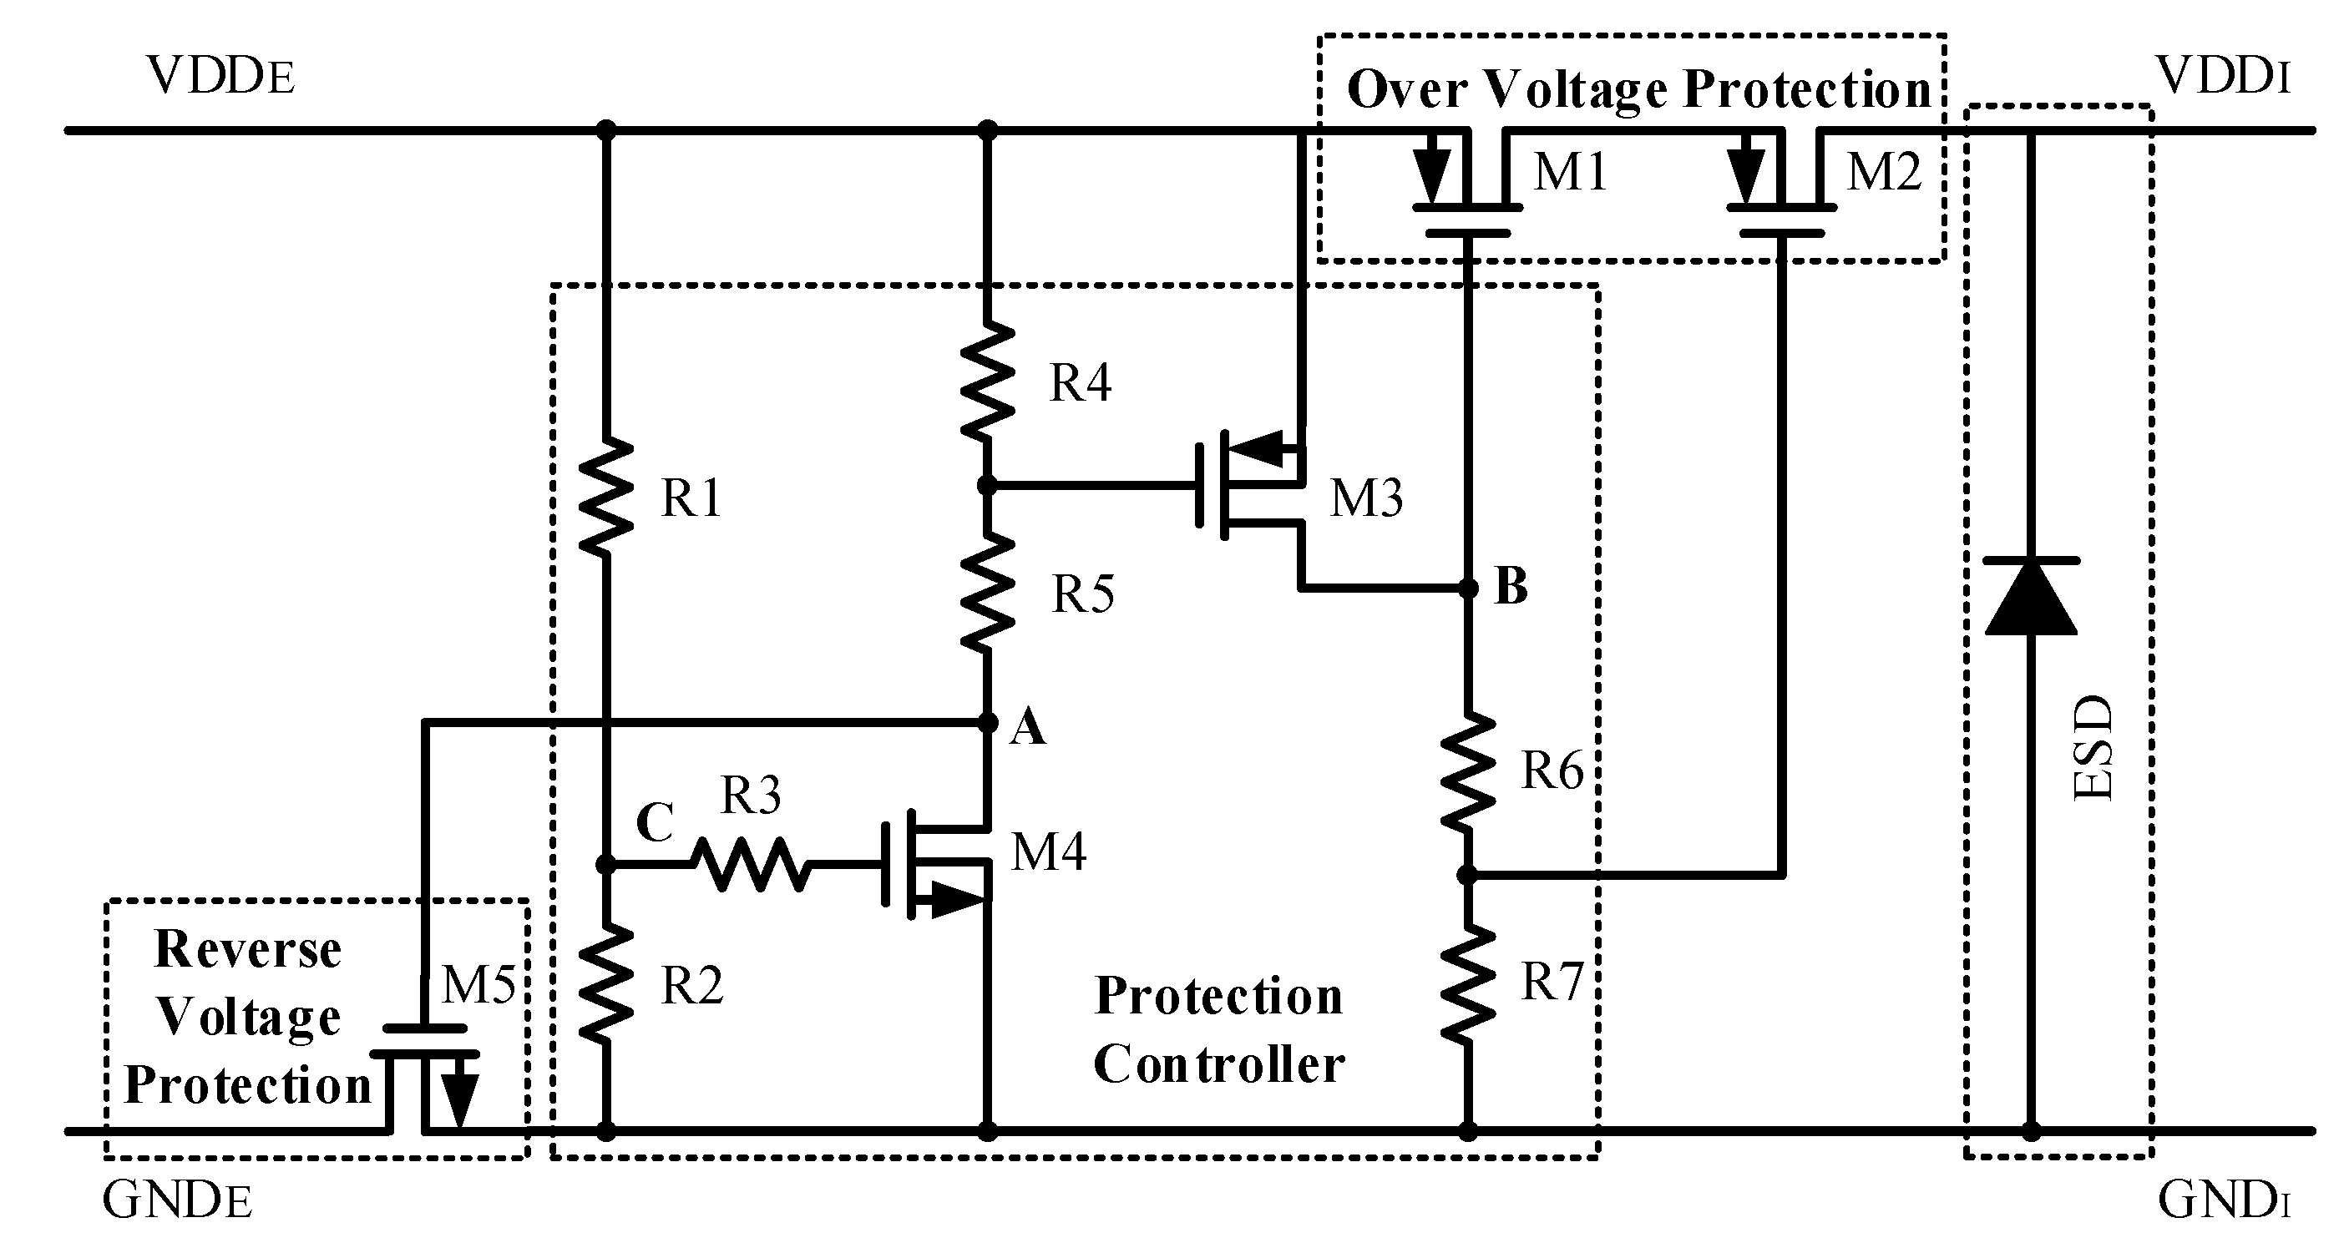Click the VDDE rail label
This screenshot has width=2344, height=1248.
(220, 77)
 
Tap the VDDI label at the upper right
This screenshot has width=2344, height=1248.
(2223, 77)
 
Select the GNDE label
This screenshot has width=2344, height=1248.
(176, 1200)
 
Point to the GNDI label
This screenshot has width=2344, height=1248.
(2223, 1200)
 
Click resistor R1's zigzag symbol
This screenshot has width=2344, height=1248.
(606, 498)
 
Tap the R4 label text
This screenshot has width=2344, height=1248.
(1080, 382)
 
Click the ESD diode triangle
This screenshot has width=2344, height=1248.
(2030, 598)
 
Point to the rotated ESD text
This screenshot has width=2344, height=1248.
(2092, 748)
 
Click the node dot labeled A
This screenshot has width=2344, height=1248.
(987, 723)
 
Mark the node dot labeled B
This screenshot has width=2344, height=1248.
(1468, 589)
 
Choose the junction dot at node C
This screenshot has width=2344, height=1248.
(606, 864)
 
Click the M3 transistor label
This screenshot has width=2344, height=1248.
(1366, 498)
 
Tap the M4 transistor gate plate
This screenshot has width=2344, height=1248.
(885, 864)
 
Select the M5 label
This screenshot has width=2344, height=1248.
(478, 984)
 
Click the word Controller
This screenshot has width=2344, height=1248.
(1218, 1064)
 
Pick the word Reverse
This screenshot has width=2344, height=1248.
(247, 950)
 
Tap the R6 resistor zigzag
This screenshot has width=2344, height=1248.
(1468, 771)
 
